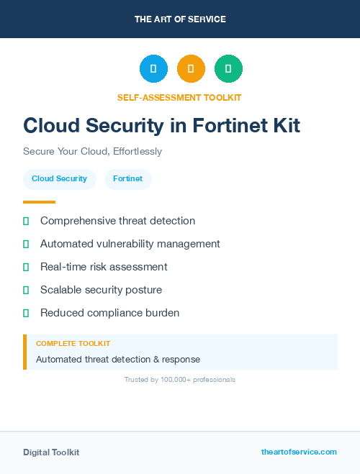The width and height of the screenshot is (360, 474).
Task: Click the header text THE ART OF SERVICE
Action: (180, 19)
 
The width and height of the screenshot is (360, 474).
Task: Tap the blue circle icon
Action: (153, 69)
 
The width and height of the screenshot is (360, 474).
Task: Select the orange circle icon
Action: (191, 69)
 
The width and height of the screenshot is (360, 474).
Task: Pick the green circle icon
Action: (228, 69)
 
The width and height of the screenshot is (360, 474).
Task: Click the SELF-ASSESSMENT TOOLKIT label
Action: (179, 97)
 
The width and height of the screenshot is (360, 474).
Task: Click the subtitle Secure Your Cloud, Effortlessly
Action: (92, 152)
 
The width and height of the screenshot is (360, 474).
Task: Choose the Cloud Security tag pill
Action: (59, 179)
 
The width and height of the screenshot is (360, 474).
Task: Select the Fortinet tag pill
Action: (127, 179)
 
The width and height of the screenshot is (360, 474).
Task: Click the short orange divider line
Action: (39, 202)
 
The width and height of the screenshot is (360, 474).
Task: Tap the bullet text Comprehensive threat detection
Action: (117, 221)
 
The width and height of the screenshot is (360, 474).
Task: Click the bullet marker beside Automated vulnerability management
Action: (26, 244)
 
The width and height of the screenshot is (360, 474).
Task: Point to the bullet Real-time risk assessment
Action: (104, 267)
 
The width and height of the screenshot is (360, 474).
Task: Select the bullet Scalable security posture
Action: (101, 290)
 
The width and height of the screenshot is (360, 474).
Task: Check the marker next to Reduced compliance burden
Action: (26, 313)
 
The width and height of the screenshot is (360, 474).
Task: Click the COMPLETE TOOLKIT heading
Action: (73, 344)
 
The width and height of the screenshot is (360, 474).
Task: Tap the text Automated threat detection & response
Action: (118, 359)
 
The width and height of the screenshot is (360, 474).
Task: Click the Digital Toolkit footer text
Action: (51, 452)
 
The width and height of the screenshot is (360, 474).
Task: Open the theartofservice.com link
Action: (299, 452)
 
